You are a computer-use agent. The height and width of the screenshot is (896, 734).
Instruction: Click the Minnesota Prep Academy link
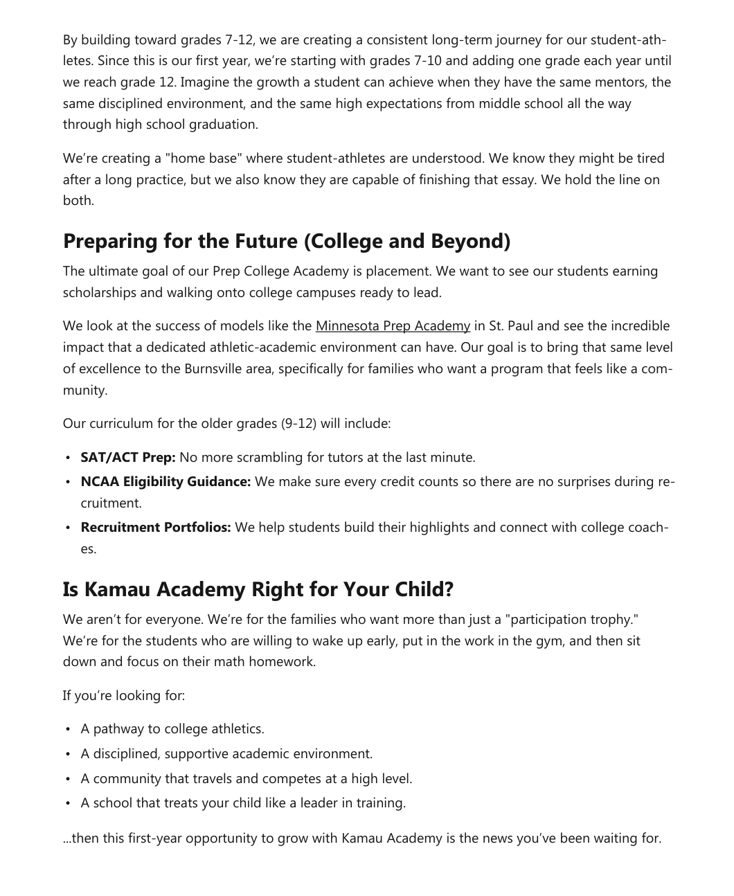[x=393, y=325]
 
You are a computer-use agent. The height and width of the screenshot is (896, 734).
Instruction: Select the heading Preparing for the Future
[x=286, y=241]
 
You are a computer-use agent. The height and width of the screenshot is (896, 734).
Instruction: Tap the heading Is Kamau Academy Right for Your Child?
[x=258, y=589]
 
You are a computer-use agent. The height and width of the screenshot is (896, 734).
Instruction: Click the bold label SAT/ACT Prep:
[x=128, y=458]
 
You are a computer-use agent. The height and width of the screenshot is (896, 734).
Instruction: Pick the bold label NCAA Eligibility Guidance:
[x=165, y=482]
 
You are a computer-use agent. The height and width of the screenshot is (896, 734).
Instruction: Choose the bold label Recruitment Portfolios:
[x=156, y=528]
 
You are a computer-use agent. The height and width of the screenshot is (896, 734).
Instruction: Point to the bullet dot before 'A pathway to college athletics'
[x=68, y=730]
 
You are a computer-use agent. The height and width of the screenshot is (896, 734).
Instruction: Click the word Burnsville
[x=213, y=368]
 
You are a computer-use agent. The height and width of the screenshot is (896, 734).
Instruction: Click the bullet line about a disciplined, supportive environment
[x=226, y=754]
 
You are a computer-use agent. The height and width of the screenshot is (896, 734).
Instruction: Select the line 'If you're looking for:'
[x=124, y=695]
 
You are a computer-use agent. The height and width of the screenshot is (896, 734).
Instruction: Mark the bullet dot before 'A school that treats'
[x=68, y=804]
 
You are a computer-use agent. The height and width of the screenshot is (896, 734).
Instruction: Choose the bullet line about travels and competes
[x=246, y=779]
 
